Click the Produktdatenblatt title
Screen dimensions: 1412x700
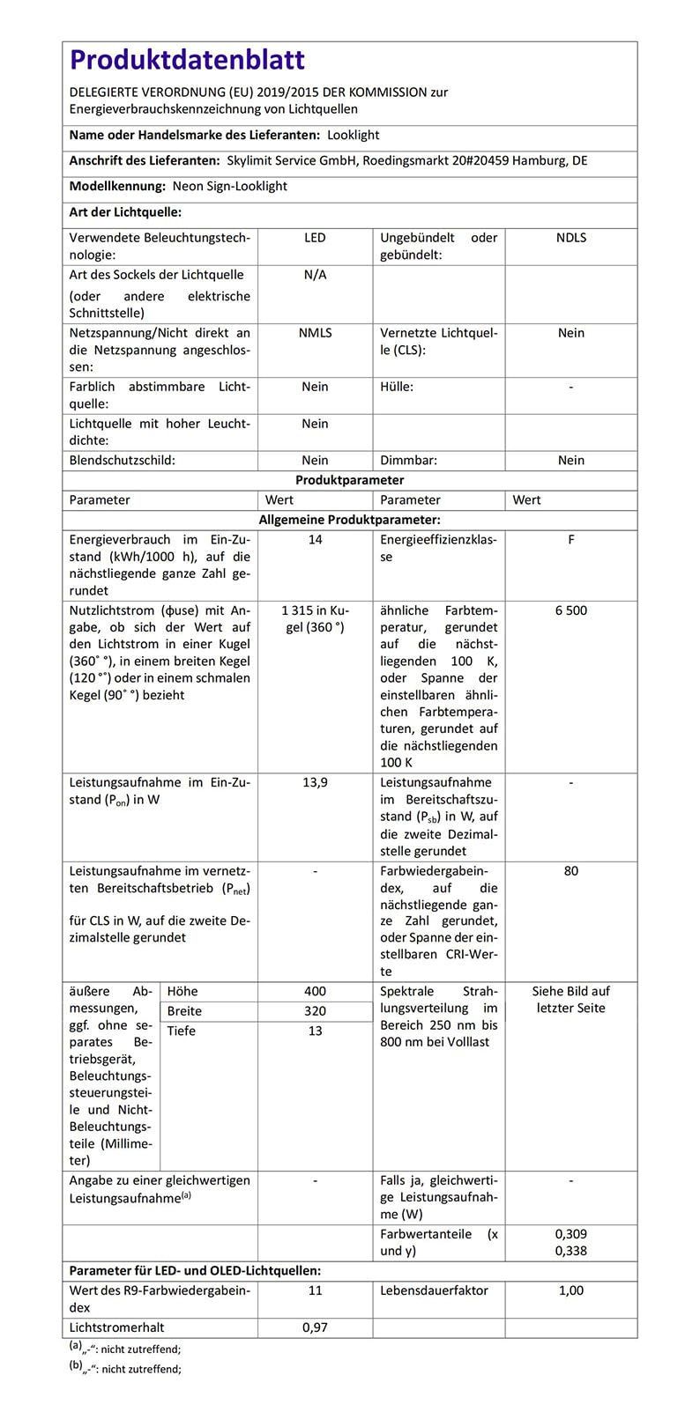tap(187, 61)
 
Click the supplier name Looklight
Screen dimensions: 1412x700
tap(353, 136)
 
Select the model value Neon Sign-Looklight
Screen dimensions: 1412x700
tap(229, 187)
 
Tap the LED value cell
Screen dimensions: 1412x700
tap(315, 238)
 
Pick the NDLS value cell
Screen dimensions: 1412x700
tap(571, 238)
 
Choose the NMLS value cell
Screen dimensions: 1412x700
tap(315, 333)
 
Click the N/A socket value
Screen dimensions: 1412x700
tap(315, 275)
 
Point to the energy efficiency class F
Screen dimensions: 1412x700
tap(571, 540)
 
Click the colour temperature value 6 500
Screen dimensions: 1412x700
tap(571, 610)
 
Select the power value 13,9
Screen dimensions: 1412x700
tap(315, 782)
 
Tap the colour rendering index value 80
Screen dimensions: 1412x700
tap(571, 871)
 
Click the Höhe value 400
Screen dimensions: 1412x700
tap(315, 992)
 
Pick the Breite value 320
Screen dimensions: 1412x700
tap(315, 1011)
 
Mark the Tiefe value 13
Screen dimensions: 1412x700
tap(315, 1031)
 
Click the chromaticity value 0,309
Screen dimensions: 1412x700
tap(571, 1234)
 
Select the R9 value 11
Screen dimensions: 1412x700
tap(315, 1290)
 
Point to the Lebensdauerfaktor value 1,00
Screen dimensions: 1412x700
tap(571, 1290)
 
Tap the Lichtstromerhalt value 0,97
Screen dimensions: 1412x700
tap(315, 1327)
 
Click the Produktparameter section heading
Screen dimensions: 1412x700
tap(349, 480)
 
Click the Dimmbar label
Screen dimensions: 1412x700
tap(408, 461)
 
